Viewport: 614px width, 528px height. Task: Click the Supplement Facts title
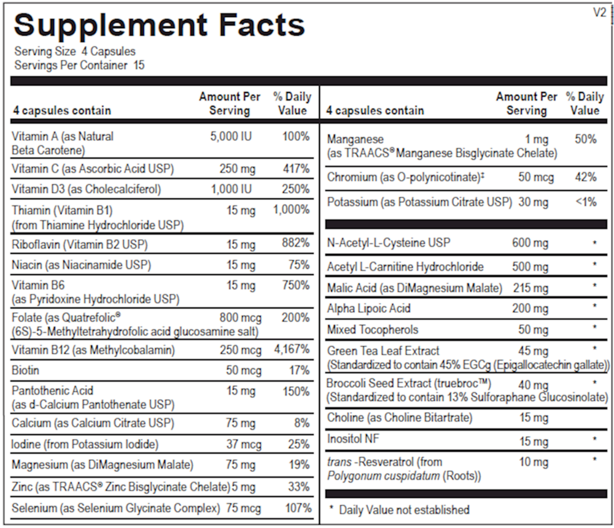tap(159, 25)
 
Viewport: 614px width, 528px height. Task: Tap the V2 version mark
tap(599, 12)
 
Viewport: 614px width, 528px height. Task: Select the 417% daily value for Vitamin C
tap(296, 169)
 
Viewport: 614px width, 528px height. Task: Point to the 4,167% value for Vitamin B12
tap(292, 351)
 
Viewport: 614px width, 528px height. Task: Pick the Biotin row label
tap(25, 370)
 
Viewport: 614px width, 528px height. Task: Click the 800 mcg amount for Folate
tap(241, 318)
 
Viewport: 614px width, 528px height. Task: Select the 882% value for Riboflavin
tap(296, 244)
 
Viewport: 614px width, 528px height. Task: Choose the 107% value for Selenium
tap(298, 508)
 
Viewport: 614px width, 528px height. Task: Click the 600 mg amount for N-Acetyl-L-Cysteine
tap(530, 243)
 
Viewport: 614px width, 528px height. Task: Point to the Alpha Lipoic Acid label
tap(368, 308)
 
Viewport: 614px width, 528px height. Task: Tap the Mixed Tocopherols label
tap(373, 329)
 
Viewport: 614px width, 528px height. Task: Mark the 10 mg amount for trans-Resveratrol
tap(534, 462)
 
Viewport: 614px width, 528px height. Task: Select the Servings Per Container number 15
tap(139, 65)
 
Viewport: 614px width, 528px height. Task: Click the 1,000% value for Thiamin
tap(292, 210)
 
